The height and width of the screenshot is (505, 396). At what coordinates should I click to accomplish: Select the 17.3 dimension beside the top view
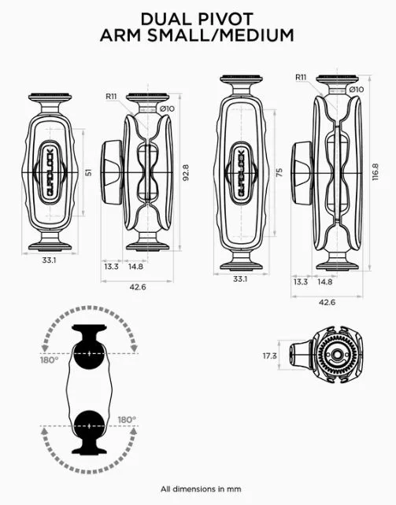(271, 356)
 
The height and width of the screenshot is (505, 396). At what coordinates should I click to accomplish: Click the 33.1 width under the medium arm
(240, 278)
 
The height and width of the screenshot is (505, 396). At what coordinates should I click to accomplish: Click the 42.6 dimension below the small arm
(139, 287)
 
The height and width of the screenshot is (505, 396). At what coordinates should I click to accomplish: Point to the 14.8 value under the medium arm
(324, 281)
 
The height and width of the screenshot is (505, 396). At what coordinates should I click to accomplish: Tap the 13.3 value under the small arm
(111, 267)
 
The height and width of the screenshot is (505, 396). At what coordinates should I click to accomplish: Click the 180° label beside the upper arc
(50, 362)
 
